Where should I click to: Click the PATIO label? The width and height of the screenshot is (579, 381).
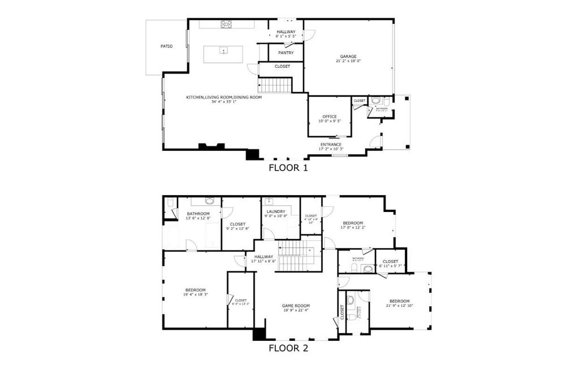pos(166,46)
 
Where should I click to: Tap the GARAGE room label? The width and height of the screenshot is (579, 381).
pos(348,57)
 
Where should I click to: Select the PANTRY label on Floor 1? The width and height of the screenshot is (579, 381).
pos(286,53)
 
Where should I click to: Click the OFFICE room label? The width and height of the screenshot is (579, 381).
pos(329,116)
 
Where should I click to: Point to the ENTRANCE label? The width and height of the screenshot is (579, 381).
pos(331,145)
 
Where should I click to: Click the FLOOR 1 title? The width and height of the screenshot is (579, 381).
pos(288,167)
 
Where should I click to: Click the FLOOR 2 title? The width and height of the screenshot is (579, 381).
pos(288,348)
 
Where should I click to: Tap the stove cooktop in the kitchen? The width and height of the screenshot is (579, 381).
pos(226,24)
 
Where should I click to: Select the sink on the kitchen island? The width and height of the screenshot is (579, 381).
pos(223,51)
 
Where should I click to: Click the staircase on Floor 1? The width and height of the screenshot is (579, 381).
pos(275,85)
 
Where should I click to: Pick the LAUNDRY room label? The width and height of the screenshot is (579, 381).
pos(276,211)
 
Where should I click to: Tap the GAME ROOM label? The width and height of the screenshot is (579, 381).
pos(296,306)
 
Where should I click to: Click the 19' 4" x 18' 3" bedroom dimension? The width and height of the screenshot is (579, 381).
pos(195,295)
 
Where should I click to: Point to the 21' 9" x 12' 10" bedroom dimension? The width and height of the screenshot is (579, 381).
pos(399,306)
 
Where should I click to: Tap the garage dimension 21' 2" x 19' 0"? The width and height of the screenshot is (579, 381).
pos(348,61)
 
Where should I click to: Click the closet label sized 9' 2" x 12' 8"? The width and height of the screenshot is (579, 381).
pos(238,229)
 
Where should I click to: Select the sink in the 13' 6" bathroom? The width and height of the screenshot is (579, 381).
pos(210,201)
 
